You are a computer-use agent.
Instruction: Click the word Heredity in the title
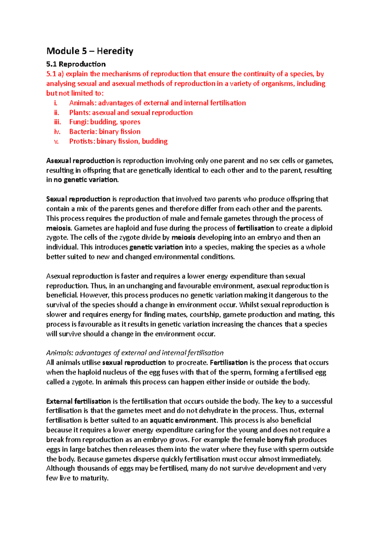point(115,51)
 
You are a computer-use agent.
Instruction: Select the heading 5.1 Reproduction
point(76,64)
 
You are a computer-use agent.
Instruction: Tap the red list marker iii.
point(57,122)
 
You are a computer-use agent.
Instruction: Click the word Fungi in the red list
point(78,122)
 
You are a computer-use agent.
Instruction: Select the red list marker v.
point(57,142)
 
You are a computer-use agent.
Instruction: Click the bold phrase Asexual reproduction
point(80,161)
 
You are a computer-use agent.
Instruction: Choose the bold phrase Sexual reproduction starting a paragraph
point(78,199)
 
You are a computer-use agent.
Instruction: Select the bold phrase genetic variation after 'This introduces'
point(156,247)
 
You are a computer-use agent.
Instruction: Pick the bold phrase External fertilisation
point(78,401)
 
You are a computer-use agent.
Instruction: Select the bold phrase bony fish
point(281,440)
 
